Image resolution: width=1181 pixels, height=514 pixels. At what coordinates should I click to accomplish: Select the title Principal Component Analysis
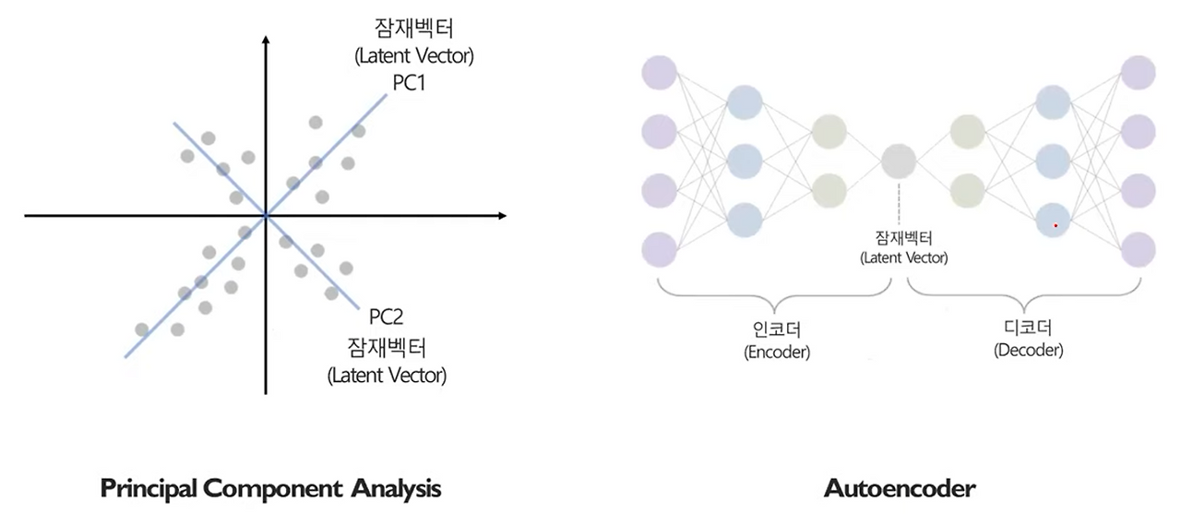tap(270, 487)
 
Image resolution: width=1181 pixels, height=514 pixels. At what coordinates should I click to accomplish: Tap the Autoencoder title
tap(900, 487)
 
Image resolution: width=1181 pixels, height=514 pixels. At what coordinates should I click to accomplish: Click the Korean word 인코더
tap(776, 329)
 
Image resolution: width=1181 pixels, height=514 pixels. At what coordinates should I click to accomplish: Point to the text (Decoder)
tap(1028, 351)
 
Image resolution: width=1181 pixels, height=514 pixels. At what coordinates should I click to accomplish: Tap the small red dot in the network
tap(1056, 225)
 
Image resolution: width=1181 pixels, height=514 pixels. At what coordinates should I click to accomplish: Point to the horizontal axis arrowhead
tap(501, 216)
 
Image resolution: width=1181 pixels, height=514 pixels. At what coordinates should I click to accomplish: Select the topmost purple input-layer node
tap(660, 73)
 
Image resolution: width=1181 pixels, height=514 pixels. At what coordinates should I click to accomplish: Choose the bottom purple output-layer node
tap(1138, 249)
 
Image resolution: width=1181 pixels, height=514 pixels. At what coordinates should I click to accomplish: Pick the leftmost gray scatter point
tap(141, 329)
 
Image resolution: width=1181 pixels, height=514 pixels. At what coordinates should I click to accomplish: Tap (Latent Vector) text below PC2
tap(387, 376)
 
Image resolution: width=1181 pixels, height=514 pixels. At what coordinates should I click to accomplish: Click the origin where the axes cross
tap(266, 216)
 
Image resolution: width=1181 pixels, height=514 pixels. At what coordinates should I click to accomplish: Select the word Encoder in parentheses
tap(776, 353)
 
